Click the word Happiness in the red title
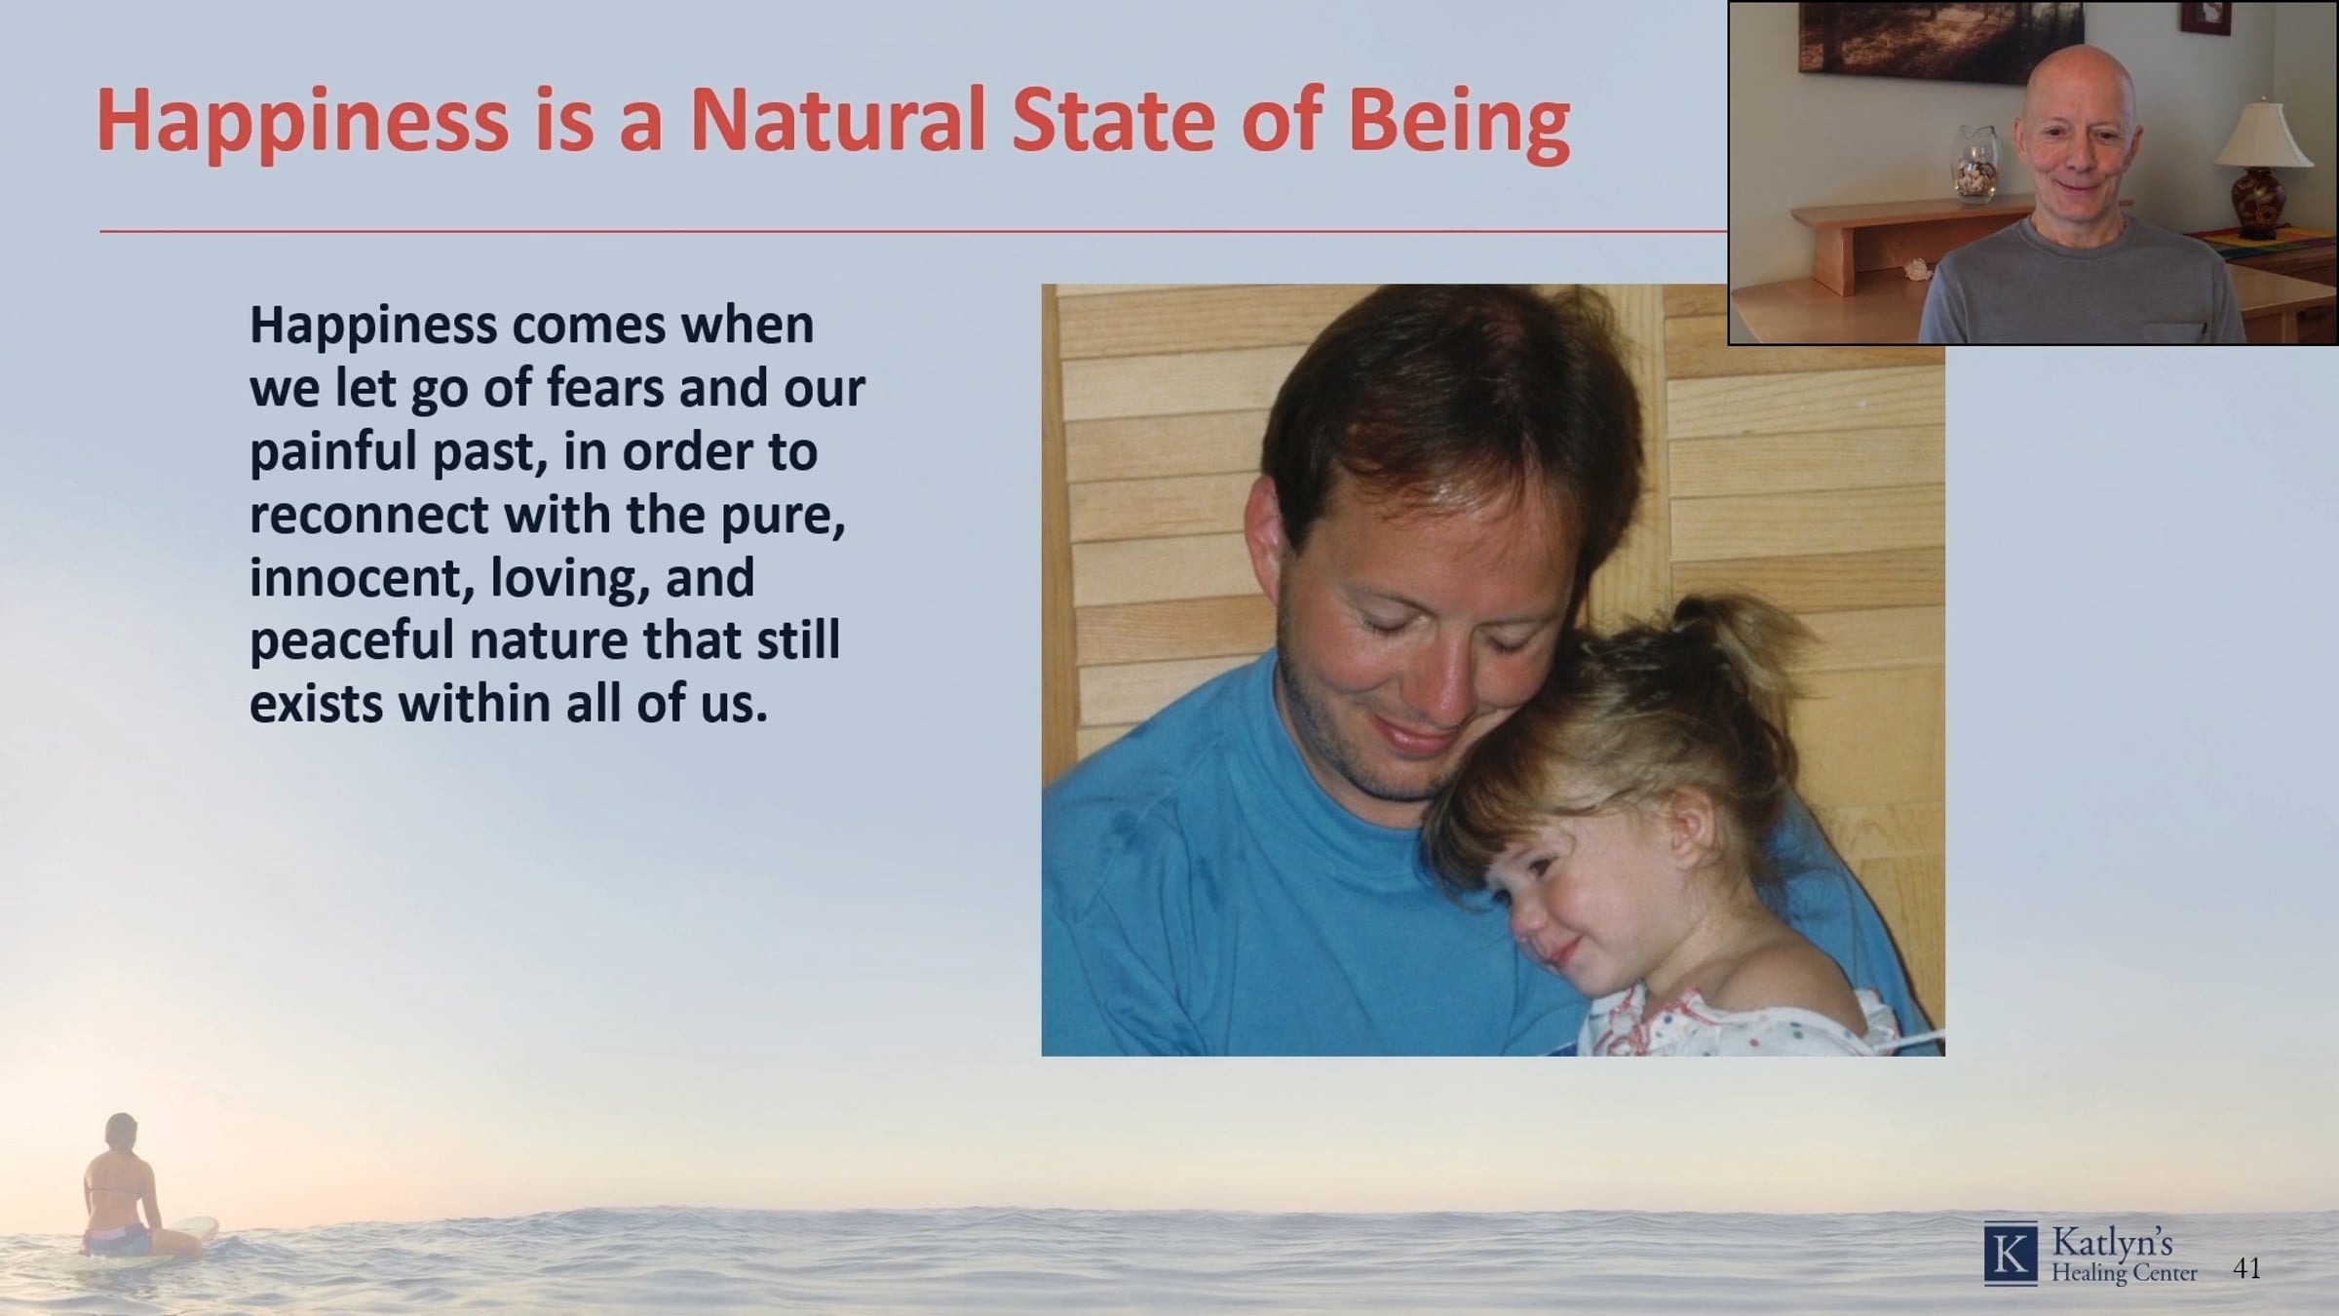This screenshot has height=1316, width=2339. (x=302, y=123)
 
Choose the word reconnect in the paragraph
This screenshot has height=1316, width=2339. (x=369, y=515)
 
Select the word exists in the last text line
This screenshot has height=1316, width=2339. (x=317, y=705)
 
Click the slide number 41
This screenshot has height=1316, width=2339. (x=2246, y=1268)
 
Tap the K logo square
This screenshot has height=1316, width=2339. (x=2011, y=1254)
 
